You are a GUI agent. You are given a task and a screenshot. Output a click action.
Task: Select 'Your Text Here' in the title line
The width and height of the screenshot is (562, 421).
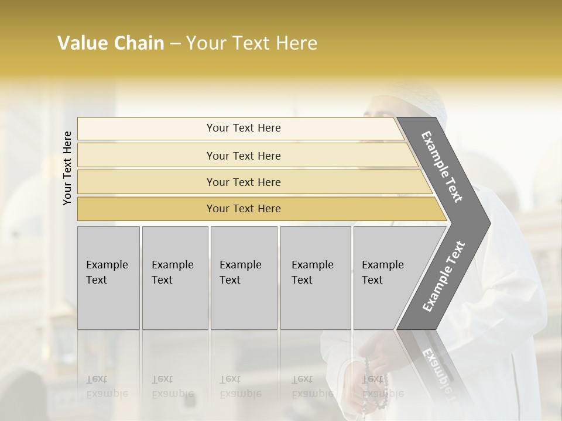tap(252, 43)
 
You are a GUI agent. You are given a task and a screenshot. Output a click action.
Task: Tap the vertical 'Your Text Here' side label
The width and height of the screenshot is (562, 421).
tap(67, 168)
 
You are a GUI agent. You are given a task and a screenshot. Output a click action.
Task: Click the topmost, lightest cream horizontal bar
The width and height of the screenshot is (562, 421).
tap(243, 128)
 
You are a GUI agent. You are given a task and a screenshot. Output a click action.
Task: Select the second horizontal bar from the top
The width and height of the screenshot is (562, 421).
tap(243, 156)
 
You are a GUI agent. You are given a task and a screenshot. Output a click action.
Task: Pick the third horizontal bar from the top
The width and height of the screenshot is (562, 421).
tap(243, 182)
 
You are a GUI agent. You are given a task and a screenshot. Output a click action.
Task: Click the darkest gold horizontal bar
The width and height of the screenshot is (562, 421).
tap(243, 209)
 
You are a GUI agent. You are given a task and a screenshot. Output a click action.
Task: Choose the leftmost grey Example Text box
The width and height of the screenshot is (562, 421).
tap(108, 278)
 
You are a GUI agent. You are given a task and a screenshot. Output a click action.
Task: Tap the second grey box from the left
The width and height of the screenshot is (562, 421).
tap(174, 278)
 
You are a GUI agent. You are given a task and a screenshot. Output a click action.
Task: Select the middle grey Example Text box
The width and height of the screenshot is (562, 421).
tap(244, 278)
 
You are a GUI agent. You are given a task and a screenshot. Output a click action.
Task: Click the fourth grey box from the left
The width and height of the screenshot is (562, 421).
tap(315, 278)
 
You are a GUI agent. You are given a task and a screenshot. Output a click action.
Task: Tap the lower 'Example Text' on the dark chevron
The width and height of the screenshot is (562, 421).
tap(444, 276)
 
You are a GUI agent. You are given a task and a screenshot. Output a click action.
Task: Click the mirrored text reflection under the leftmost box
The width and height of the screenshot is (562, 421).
tap(107, 387)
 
